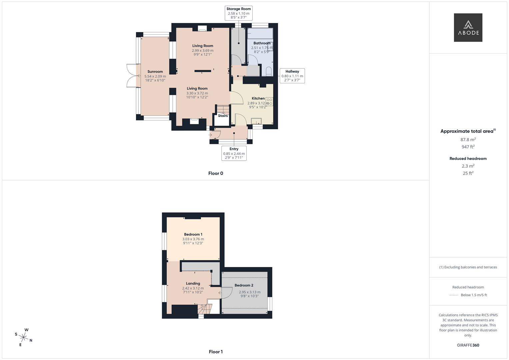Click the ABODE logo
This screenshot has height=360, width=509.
[x=468, y=27]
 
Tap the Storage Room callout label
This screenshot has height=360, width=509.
[x=238, y=13]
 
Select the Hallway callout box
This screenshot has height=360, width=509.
[x=292, y=76]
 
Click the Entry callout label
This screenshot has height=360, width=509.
[x=234, y=153]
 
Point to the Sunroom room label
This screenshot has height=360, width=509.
[x=155, y=72]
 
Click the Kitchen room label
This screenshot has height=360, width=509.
[x=258, y=98]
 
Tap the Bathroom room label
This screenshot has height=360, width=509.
[x=262, y=43]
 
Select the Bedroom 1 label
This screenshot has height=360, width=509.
[x=193, y=234]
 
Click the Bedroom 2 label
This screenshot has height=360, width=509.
[x=244, y=285]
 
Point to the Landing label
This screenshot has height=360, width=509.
[x=193, y=283]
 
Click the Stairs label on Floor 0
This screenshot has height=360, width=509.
[x=223, y=116]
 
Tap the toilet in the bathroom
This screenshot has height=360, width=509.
[x=269, y=71]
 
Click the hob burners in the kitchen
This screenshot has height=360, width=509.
[x=269, y=102]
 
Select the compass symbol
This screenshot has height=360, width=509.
[x=24, y=337]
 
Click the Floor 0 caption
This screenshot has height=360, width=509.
[x=216, y=173]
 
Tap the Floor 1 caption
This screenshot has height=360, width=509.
[x=216, y=352]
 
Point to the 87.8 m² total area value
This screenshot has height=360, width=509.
[x=468, y=140]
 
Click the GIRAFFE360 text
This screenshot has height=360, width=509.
[x=468, y=345]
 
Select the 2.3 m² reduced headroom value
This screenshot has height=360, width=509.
[x=468, y=166]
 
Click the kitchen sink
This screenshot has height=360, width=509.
[x=256, y=121]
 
